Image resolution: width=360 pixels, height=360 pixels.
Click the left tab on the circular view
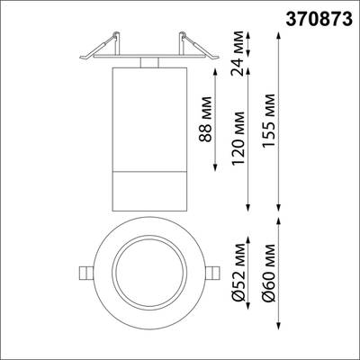click(x=83, y=273)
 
